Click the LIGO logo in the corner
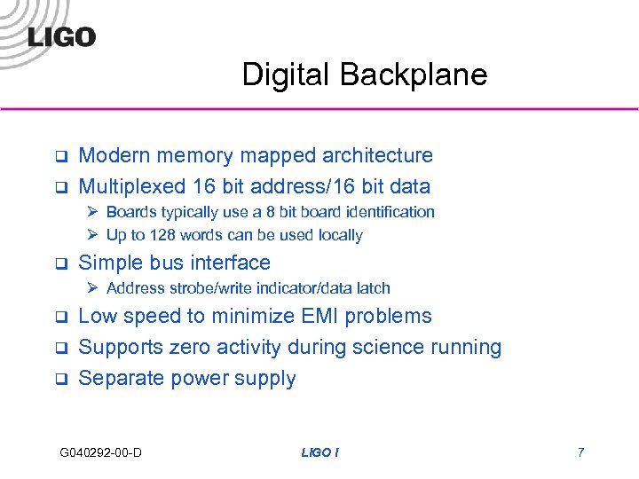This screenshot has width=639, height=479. point(61,36)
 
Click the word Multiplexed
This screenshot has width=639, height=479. point(130,186)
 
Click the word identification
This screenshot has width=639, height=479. point(383,212)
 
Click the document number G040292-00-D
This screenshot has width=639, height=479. point(101,453)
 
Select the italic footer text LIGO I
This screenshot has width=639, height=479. point(319,453)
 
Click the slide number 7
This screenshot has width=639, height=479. point(580,453)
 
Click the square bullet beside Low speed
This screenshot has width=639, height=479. point(61,318)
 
